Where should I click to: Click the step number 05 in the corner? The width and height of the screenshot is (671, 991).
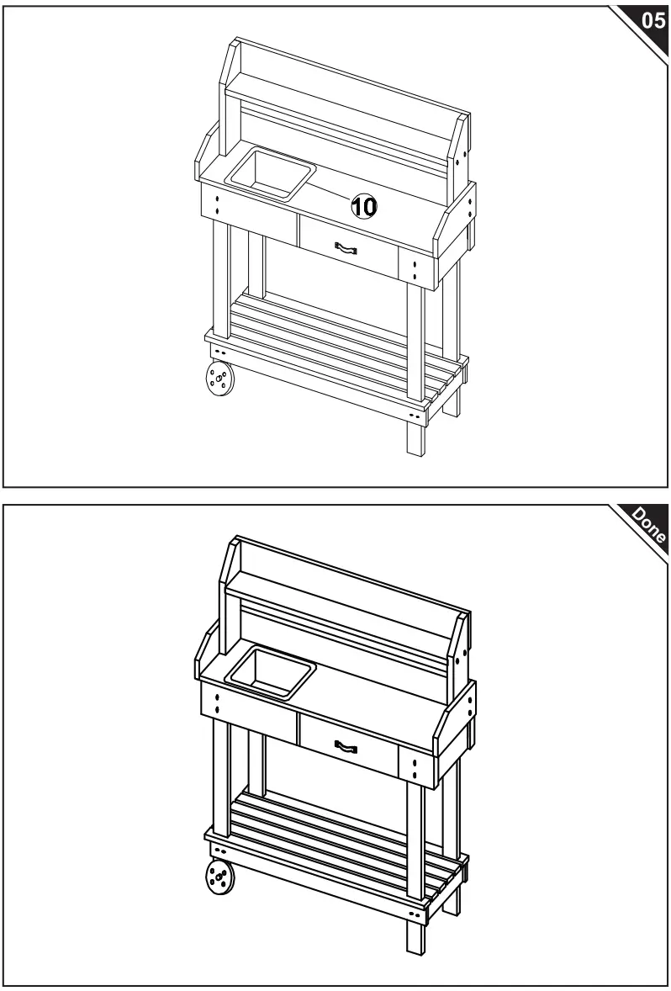(651, 21)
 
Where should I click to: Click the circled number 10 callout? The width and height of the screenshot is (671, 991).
(364, 204)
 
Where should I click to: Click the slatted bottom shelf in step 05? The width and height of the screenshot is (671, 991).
(336, 341)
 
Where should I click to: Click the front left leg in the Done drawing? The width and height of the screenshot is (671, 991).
(221, 778)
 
